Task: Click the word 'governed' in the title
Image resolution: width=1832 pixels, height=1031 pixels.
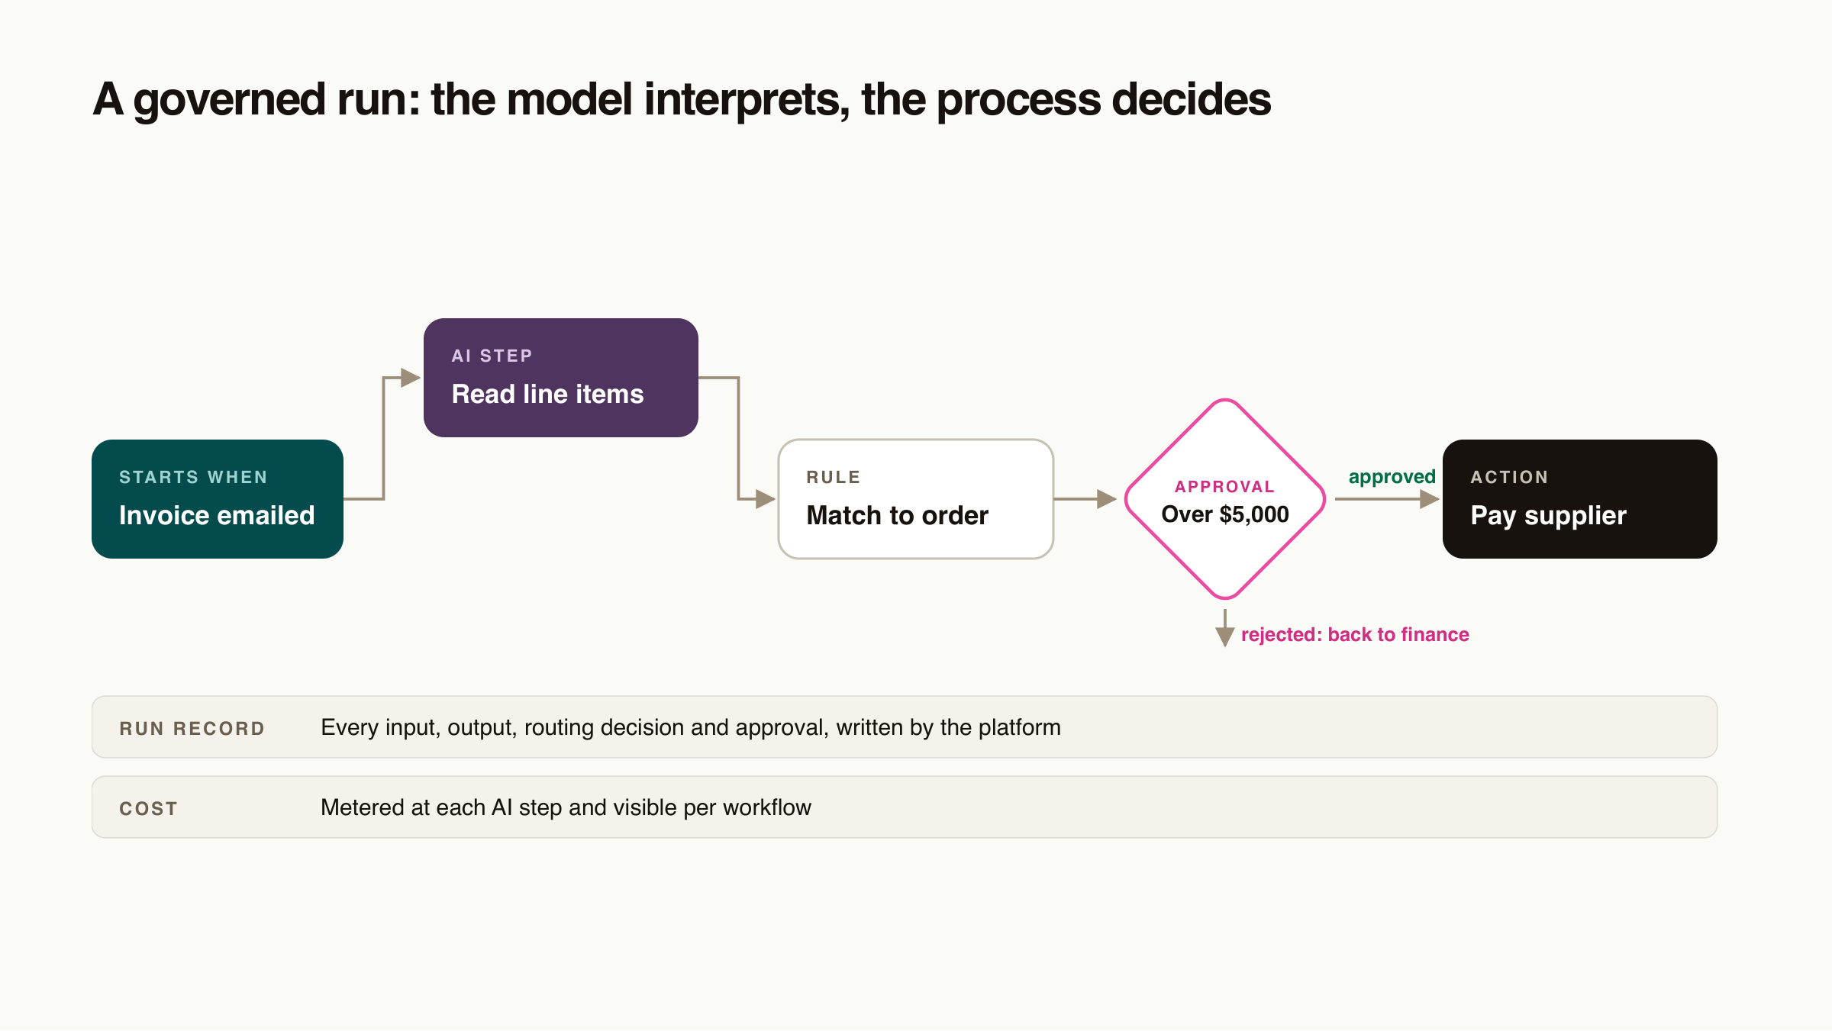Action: (230, 100)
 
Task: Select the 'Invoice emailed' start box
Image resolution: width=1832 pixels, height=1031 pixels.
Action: (218, 499)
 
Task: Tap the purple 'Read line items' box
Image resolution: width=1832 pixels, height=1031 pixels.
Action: (561, 378)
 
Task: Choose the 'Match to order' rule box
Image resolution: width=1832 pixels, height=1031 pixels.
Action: (916, 499)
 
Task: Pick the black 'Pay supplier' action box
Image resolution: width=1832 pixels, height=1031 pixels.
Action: (1580, 499)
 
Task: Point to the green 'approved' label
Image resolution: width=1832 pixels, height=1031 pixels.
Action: (1392, 477)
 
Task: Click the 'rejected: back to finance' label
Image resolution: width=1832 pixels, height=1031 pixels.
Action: (1355, 635)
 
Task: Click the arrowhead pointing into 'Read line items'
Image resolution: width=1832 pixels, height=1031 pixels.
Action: (411, 378)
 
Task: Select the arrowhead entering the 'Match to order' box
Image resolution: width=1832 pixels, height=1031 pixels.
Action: (766, 499)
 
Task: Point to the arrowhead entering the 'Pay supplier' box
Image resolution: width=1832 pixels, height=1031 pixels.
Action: (1430, 499)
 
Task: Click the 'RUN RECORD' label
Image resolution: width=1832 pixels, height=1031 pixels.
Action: (192, 729)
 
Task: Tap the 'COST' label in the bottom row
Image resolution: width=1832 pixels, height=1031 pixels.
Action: (148, 809)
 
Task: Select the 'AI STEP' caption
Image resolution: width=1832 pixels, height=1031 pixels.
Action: (492, 356)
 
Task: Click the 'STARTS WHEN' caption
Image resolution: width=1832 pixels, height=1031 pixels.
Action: (193, 477)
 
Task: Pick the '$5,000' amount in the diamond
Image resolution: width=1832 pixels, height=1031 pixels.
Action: (1254, 515)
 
